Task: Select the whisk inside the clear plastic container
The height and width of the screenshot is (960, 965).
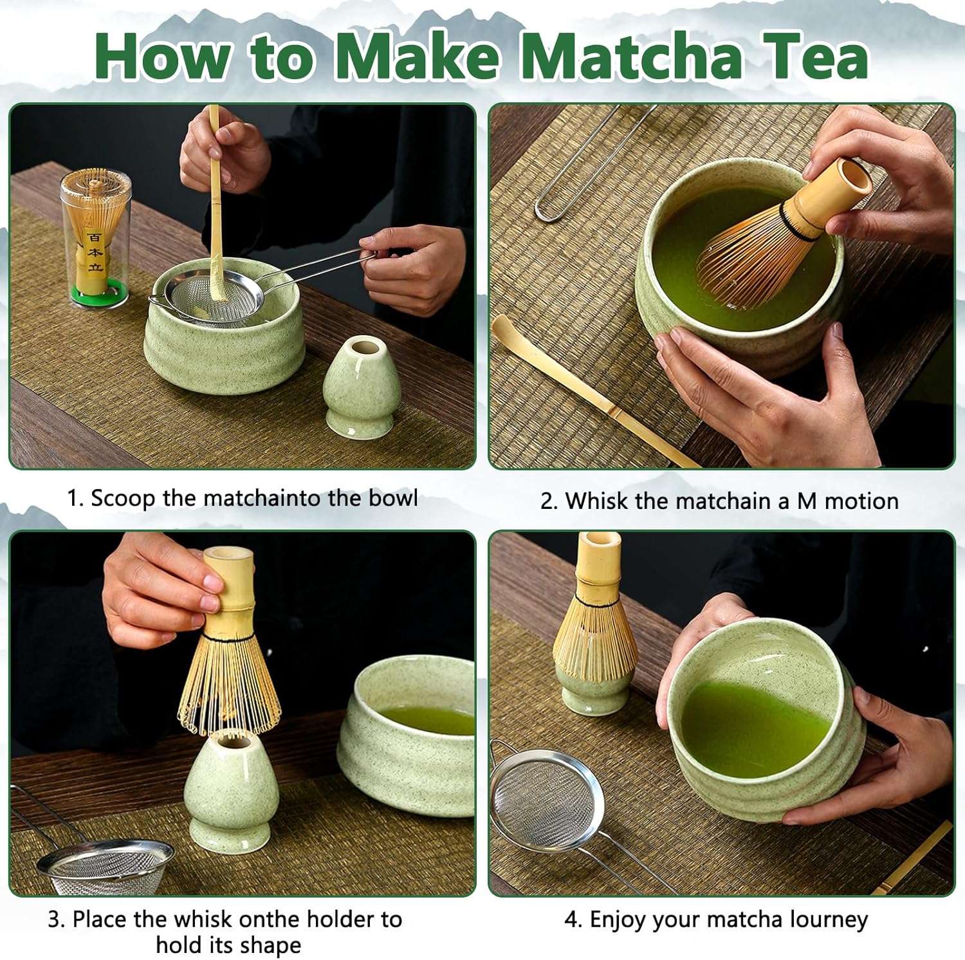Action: click(95, 228)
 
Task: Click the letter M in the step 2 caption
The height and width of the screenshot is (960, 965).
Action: click(807, 501)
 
